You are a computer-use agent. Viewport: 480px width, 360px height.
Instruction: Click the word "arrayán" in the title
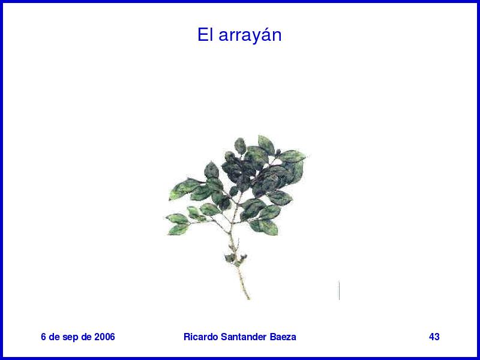point(250,35)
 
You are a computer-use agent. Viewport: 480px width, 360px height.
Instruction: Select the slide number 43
point(434,337)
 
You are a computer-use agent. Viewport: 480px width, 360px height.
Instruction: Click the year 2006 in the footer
point(104,337)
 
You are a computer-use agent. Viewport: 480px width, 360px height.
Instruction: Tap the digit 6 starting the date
point(43,337)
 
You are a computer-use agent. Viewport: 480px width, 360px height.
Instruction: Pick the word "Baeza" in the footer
point(283,337)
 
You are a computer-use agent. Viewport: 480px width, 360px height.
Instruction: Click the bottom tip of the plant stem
point(248,299)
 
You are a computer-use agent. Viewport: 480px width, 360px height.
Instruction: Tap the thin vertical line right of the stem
point(339,290)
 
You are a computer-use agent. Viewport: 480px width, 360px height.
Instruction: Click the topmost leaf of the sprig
point(266,145)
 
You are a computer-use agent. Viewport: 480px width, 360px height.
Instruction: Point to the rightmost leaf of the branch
point(292,157)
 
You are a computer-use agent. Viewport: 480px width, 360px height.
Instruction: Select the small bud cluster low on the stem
point(236,258)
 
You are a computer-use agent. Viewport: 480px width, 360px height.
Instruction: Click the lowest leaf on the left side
point(178,229)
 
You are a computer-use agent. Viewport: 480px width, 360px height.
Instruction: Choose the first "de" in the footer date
point(54,337)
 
